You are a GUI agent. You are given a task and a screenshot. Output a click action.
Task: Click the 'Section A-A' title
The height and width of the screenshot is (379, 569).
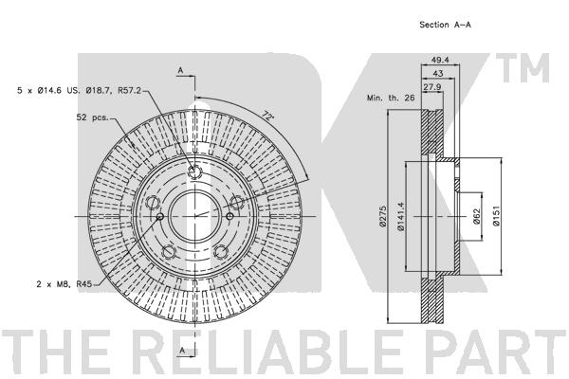pos(445,25)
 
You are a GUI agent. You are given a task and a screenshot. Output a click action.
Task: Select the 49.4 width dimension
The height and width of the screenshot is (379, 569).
pos(440,60)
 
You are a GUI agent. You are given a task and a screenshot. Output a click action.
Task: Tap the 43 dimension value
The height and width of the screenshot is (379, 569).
pos(438,73)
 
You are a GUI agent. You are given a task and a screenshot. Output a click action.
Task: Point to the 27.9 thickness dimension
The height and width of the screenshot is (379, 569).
pos(431,86)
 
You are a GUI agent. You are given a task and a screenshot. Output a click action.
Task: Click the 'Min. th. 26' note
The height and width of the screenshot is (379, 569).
pos(391,98)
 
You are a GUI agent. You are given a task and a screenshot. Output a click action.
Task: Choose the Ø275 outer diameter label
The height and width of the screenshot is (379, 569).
pos(382,217)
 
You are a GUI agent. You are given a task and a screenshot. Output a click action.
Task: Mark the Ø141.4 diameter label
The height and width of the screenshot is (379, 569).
pos(400,216)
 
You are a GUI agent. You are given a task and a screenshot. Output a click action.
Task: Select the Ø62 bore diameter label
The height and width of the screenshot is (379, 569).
pos(477,217)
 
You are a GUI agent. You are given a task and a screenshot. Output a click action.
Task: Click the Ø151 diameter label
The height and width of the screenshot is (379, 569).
pos(496,216)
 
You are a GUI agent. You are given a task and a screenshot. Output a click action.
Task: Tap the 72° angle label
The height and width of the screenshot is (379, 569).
pos(267,117)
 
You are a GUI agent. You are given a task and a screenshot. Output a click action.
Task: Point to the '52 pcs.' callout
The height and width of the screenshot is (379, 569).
pos(92,117)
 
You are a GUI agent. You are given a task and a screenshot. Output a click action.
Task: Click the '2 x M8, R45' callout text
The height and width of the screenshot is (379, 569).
pos(64,283)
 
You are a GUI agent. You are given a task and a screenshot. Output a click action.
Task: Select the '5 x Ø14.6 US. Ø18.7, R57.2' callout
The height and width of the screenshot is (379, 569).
pos(79,90)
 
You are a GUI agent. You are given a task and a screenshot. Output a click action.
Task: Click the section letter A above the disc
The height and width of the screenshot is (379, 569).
pos(180,70)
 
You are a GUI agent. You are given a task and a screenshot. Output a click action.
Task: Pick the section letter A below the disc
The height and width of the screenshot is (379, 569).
pos(182,350)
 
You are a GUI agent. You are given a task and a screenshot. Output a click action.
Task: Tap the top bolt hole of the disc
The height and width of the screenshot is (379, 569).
pos(195,171)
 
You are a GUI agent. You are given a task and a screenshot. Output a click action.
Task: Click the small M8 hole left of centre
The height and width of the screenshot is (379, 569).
pos(160,217)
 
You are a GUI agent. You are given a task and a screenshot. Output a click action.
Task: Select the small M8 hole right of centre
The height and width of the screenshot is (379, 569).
pos(229,217)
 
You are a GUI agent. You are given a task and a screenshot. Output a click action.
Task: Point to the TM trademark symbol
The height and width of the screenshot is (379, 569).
pos(523,68)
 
